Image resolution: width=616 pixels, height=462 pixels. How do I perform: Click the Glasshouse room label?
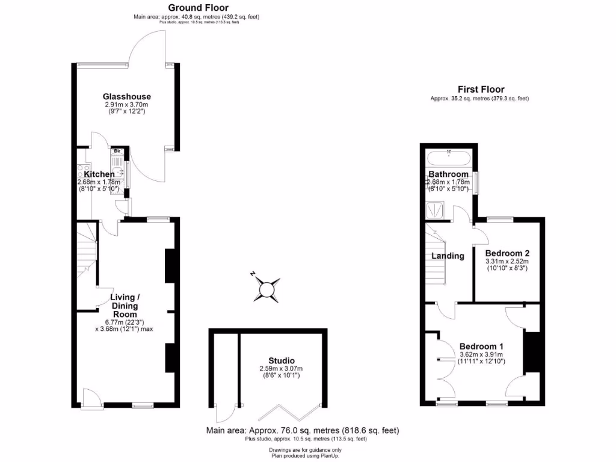coord(126,96)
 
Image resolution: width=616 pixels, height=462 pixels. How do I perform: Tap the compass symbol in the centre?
coord(266,291)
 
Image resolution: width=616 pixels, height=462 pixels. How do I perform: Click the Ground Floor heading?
coord(198,7)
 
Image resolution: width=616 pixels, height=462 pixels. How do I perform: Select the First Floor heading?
coord(481,89)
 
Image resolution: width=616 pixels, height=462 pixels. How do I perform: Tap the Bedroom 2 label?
coord(507,253)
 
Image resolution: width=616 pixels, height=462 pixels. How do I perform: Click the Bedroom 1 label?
coord(481,346)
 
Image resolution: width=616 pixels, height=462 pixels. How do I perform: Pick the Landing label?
coord(448,256)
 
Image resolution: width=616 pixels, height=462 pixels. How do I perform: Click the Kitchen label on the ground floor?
coord(99,174)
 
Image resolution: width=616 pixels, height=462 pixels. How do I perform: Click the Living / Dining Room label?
coord(125,306)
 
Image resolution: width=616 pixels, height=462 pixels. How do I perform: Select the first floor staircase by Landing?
coord(436,256)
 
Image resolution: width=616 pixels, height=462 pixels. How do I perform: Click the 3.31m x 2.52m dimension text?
coord(507,261)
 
